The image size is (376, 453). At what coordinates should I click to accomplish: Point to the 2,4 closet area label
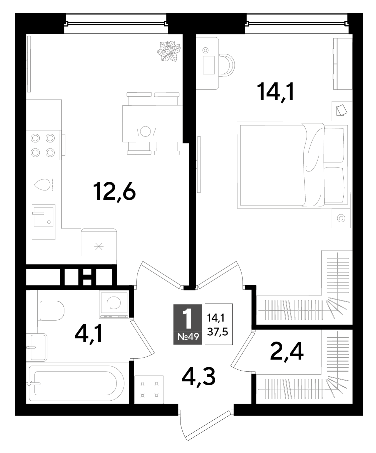pyautogui.click(x=287, y=352)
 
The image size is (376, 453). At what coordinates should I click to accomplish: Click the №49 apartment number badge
pyautogui.click(x=188, y=337)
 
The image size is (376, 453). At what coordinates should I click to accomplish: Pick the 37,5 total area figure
pyautogui.click(x=218, y=332)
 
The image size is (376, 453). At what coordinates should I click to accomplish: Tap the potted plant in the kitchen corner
pyautogui.click(x=169, y=51)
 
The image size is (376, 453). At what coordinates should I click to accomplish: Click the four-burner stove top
pyautogui.click(x=44, y=145)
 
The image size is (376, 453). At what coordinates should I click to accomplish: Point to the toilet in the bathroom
pyautogui.click(x=52, y=311)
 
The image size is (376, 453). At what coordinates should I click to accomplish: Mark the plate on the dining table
pyautogui.click(x=145, y=131)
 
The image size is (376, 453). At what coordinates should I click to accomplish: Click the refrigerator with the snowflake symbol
pyautogui.click(x=99, y=246)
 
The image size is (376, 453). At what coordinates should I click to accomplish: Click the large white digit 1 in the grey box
pyautogui.click(x=188, y=319)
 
